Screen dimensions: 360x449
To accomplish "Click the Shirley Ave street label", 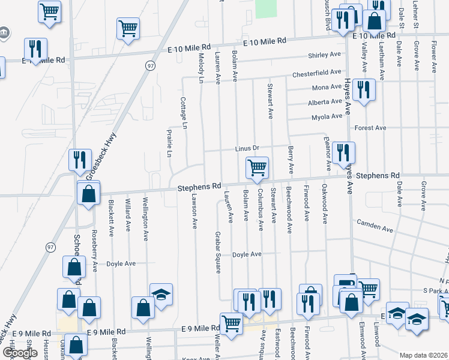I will (x=324, y=55).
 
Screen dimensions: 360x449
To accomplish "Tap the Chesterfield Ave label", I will (x=317, y=73).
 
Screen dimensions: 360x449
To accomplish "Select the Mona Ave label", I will (x=327, y=88).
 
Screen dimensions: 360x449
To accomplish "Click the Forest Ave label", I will (x=370, y=128).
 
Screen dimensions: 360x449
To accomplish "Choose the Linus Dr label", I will (x=246, y=148).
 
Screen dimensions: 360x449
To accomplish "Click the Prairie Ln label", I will (x=169, y=145).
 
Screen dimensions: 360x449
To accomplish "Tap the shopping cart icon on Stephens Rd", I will (x=257, y=167).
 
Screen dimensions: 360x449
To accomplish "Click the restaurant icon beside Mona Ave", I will (x=364, y=89).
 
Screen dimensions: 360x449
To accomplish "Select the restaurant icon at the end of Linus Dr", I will (x=343, y=152).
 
